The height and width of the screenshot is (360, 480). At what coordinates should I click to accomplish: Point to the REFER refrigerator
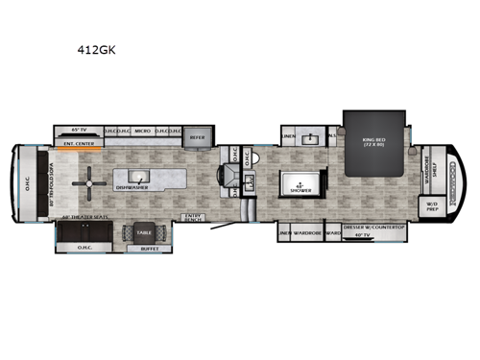pyautogui.click(x=197, y=137)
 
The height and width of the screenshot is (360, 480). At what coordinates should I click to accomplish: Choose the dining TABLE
pyautogui.click(x=144, y=233)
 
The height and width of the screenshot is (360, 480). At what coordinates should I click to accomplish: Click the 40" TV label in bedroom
pyautogui.click(x=363, y=235)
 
